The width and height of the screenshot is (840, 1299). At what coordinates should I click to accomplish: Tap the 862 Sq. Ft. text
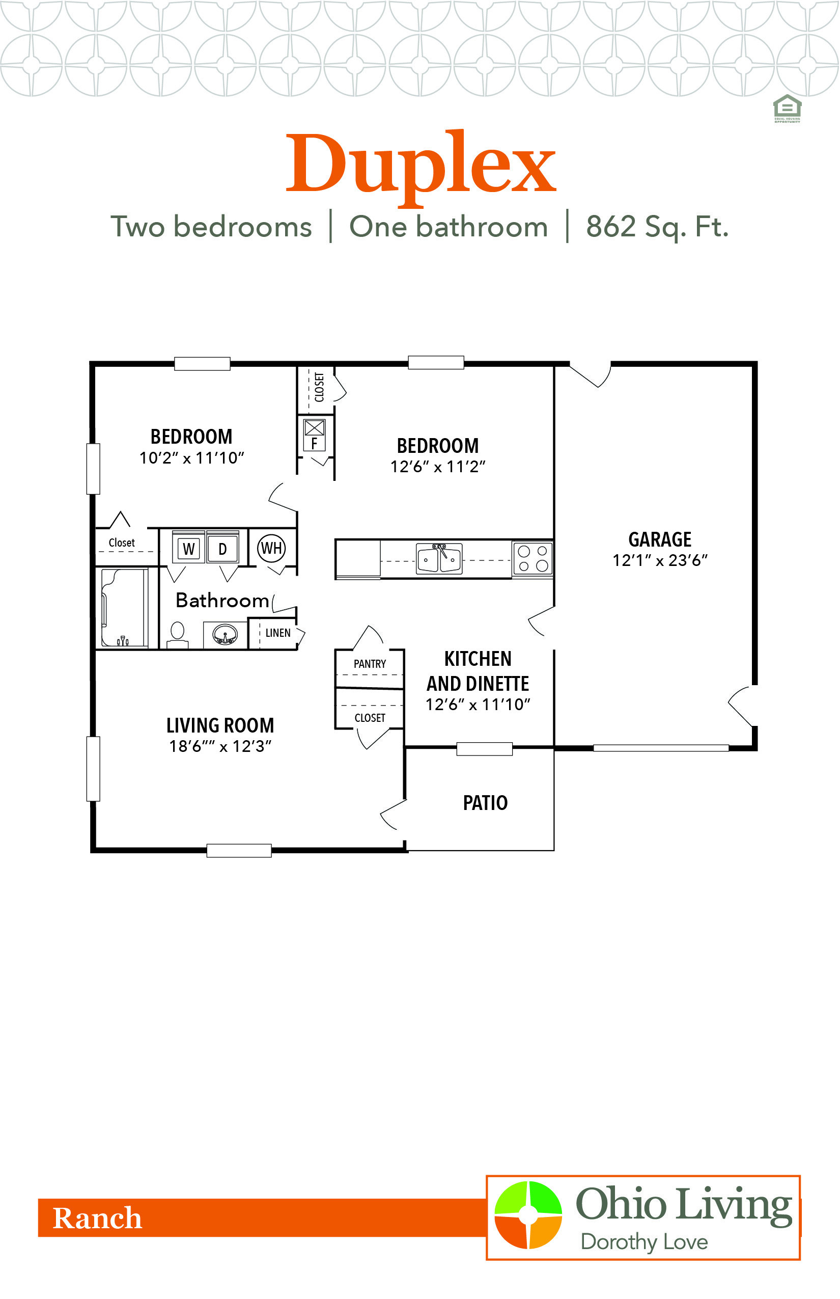tap(657, 227)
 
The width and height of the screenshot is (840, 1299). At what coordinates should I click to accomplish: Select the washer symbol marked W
tap(189, 549)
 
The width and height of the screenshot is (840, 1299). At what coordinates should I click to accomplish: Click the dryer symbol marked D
tap(222, 549)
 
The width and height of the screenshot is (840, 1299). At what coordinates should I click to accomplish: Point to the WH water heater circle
tap(271, 548)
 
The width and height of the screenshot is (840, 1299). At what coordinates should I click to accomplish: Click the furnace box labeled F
tap(314, 436)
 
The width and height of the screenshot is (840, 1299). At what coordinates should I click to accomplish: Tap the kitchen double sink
tap(439, 558)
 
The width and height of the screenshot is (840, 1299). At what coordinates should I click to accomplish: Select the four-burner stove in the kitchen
tap(533, 558)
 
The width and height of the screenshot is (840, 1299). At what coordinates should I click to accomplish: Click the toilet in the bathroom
tap(177, 633)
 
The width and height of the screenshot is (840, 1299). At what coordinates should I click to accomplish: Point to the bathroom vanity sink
tap(225, 635)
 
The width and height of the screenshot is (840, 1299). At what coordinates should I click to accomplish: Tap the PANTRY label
tap(369, 664)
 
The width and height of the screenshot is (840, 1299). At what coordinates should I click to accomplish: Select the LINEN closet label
tap(277, 633)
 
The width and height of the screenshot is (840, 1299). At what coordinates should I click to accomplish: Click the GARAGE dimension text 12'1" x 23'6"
tap(659, 560)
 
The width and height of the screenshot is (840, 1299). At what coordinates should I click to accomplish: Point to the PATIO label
tap(485, 803)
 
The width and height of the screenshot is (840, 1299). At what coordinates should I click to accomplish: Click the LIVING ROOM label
tap(220, 725)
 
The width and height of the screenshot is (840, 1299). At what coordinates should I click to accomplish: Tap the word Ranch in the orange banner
tap(97, 1218)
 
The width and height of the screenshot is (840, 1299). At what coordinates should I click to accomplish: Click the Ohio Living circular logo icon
tap(527, 1215)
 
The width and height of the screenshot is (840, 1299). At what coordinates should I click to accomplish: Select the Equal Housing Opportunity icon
tap(787, 108)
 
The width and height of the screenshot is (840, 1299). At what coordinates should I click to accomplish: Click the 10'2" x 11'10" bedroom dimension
tap(191, 458)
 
